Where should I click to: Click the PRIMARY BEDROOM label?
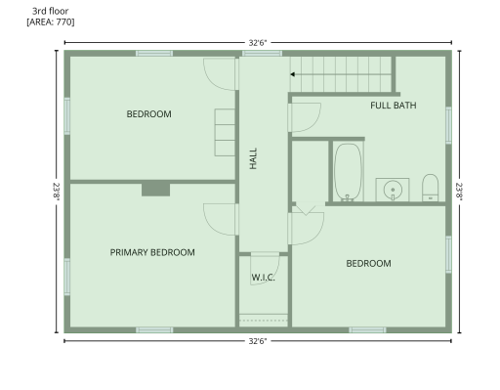152,252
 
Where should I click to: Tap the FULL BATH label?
394,106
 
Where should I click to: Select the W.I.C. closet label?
263,278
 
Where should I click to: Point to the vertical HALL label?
253,158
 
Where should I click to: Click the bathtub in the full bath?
348,172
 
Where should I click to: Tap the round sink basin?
393,190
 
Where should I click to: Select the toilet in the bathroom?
430,188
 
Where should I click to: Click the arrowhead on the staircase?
292,74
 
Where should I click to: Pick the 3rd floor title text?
50,11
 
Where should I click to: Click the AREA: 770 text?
51,22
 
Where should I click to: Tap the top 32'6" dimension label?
258,43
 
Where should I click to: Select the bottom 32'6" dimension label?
258,341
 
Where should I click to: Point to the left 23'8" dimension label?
57,192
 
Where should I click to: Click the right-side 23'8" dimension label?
459,192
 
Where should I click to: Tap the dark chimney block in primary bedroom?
155,190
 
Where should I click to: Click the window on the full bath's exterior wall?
448,125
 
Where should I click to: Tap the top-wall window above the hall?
262,53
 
